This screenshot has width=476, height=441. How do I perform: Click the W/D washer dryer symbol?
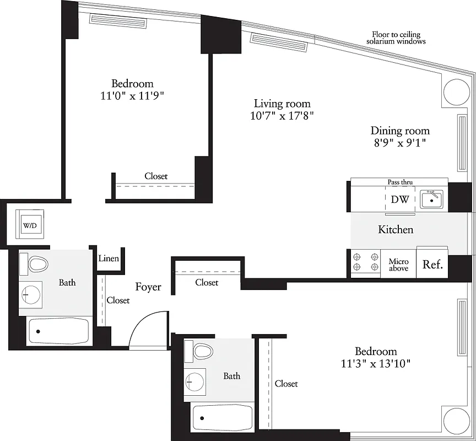click(x=28, y=225)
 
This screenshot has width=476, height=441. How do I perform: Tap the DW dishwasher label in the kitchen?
click(x=399, y=200)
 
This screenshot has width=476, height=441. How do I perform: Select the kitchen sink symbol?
click(x=431, y=199)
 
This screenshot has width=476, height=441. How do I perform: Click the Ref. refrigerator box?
click(x=432, y=265)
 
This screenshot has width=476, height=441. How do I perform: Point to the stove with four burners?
click(x=366, y=262)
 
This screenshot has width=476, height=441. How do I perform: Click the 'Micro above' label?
click(x=398, y=265)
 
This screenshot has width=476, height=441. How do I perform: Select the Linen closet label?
click(x=109, y=259)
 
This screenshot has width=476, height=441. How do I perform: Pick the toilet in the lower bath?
click(x=202, y=351)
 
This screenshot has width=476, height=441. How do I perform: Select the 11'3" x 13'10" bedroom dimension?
click(x=376, y=363)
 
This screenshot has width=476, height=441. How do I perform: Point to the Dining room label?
click(x=399, y=131)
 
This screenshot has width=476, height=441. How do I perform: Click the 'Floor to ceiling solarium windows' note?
click(x=396, y=37)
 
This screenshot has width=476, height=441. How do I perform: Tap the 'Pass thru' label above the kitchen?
click(x=400, y=182)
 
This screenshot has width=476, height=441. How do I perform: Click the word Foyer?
click(x=148, y=287)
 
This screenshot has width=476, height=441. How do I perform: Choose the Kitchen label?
click(x=396, y=229)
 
